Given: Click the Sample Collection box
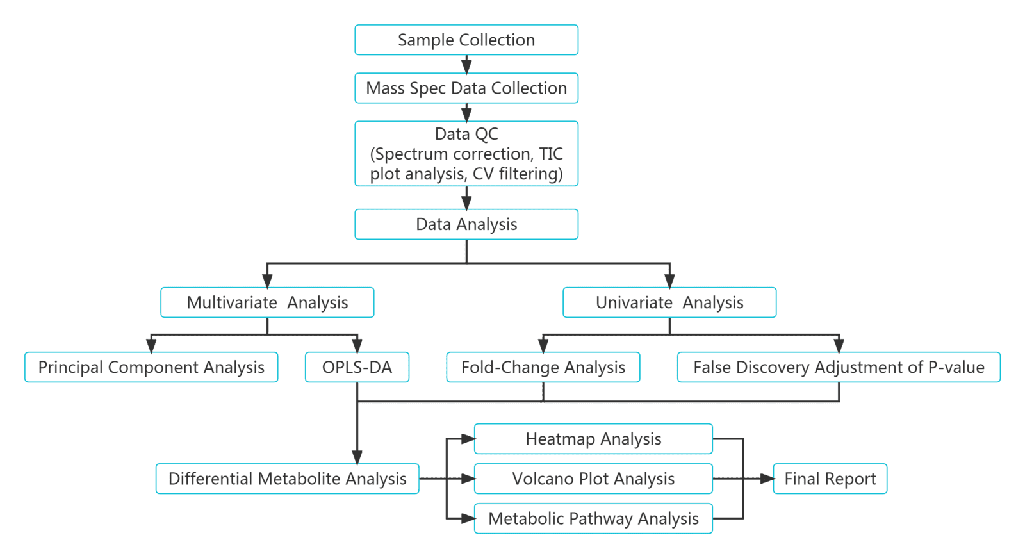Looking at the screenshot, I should [466, 40].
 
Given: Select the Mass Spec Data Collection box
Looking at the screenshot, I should [466, 88].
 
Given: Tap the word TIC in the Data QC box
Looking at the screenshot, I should [550, 154].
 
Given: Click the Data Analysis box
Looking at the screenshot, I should [466, 224].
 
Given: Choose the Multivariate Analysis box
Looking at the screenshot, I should [267, 302].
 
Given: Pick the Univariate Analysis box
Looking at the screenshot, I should [669, 302].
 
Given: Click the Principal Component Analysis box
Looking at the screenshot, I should [151, 367].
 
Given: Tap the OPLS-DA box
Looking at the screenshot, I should [357, 367].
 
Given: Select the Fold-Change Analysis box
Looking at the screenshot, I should [543, 367].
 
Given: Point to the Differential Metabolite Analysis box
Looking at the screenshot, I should [287, 479].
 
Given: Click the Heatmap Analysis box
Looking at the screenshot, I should [593, 439].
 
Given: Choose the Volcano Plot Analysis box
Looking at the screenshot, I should [593, 479].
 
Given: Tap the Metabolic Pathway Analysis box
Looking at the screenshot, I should [593, 518].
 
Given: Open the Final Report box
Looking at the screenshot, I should [830, 479].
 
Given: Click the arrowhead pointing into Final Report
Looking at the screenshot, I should [767, 479].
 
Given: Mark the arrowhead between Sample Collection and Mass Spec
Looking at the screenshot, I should [466, 67].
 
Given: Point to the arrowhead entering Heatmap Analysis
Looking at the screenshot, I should [468, 439].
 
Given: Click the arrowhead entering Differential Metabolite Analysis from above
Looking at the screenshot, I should [357, 457].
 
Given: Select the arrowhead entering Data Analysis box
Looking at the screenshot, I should [466, 202].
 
